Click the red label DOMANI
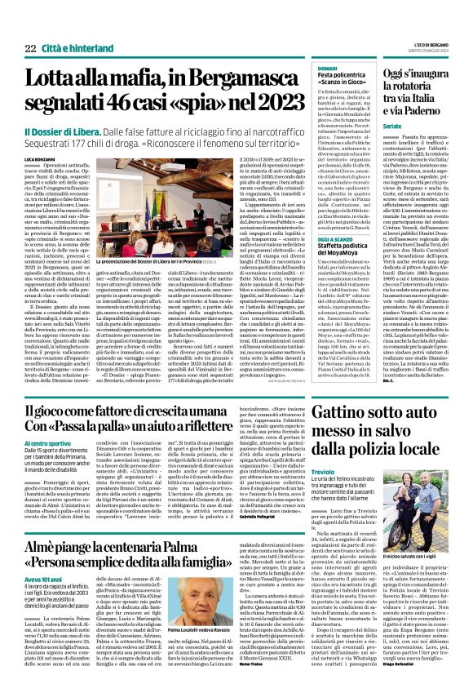[x=328, y=69]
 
